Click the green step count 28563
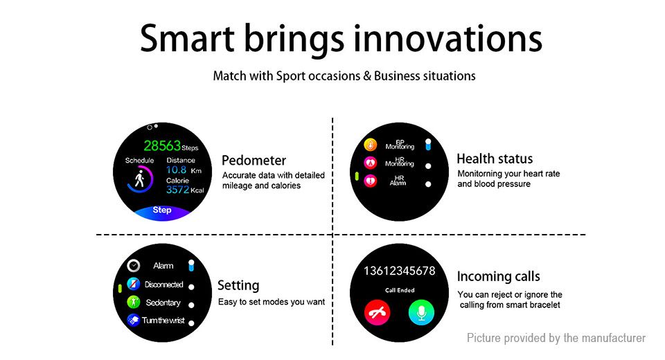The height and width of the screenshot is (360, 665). click(162, 146)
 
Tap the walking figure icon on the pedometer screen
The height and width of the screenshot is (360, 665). click(139, 179)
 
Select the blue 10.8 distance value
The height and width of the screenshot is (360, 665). click(177, 170)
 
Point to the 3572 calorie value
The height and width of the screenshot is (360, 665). click(178, 190)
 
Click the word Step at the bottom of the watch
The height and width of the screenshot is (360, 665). click(162, 210)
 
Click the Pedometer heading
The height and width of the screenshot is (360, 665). click(254, 161)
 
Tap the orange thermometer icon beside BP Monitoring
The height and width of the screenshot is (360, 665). click(370, 145)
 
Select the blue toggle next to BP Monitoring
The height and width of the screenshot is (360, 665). click(428, 145)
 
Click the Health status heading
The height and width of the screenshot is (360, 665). click(495, 159)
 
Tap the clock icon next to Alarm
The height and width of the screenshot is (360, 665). click(134, 265)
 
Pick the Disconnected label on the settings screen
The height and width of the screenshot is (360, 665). click(163, 285)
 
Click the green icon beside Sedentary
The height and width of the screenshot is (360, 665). click(133, 302)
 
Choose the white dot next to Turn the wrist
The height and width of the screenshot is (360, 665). click(191, 323)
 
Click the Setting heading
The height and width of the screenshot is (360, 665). click(238, 285)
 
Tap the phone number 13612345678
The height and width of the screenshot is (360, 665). click(400, 271)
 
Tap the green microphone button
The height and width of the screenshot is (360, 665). click(421, 312)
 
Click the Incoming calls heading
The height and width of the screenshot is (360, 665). click(498, 276)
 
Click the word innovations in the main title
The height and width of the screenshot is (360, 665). click(448, 38)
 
